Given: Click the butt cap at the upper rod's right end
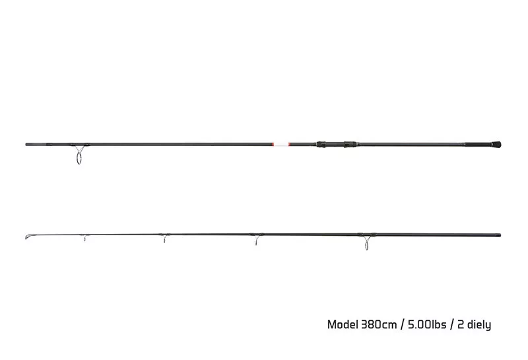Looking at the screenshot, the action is point(496,145).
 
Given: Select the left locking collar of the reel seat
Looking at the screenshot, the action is point(321,144).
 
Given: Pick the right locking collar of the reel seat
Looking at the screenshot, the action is point(350,144).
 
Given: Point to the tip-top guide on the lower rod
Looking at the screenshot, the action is point(27,237).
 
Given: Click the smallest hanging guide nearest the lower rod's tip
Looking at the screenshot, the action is point(84,238).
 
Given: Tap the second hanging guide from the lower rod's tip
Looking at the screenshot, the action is point(164,238).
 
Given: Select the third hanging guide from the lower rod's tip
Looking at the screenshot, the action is point(256,240).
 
